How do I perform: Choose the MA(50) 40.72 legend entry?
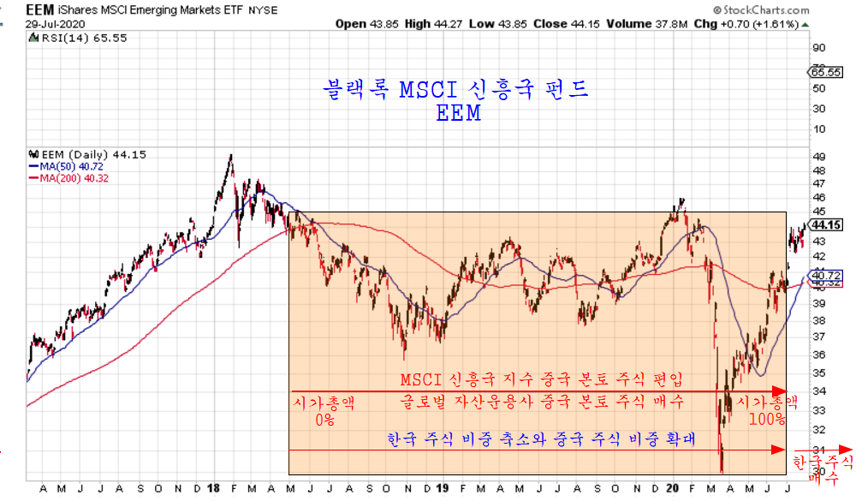click(x=68, y=166)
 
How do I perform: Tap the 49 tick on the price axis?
click(x=817, y=157)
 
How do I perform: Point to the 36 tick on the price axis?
click(x=817, y=355)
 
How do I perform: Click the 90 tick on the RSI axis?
click(x=817, y=48)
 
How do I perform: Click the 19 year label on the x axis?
click(x=441, y=489)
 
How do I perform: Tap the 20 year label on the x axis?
click(x=672, y=489)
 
